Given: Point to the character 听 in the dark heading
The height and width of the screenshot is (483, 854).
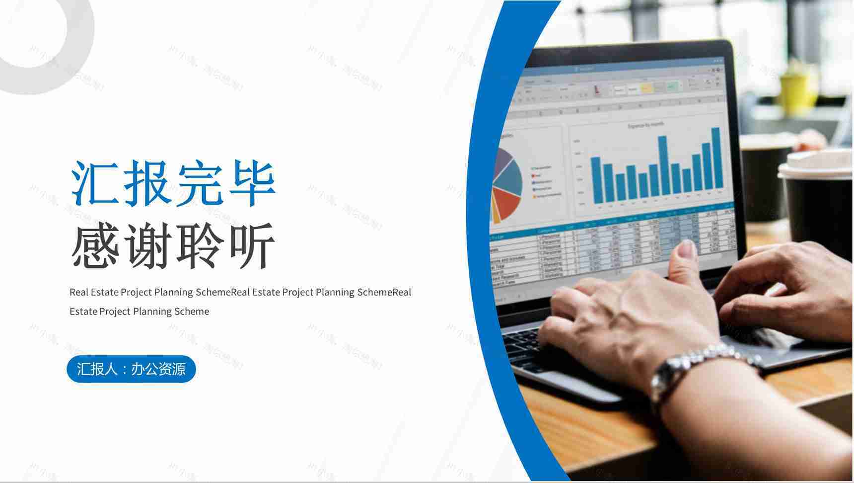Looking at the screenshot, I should (251, 245).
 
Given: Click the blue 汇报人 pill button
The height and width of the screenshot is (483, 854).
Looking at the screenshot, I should (131, 369).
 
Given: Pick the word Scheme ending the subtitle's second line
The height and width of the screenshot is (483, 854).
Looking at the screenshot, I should (192, 312).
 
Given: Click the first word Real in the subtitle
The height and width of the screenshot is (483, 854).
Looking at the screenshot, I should (78, 292).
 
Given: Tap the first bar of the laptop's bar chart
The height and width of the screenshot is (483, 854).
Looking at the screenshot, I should (595, 179).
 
